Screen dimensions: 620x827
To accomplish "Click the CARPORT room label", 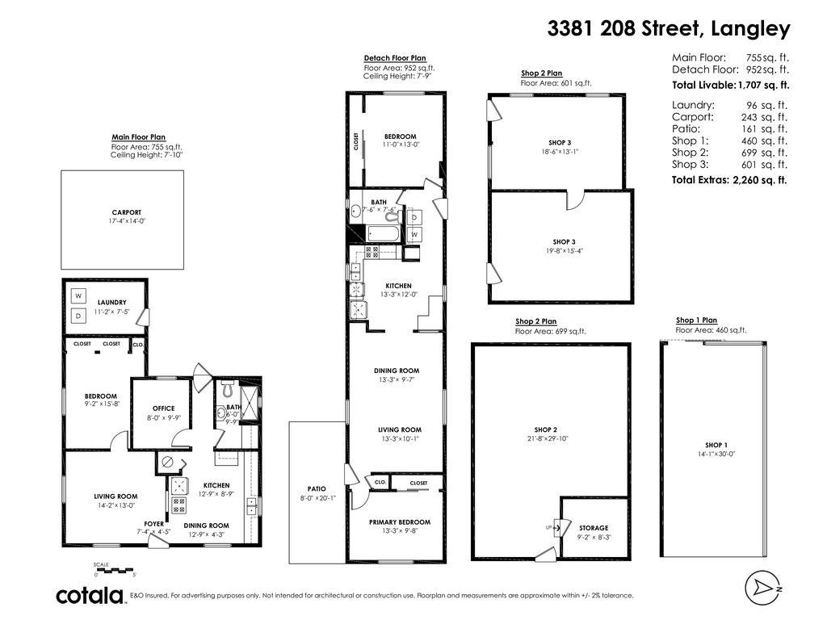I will pyautogui.click(x=122, y=213).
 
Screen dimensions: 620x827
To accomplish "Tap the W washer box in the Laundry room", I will pyautogui.click(x=79, y=295).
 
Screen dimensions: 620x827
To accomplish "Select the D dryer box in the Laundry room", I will pyautogui.click(x=79, y=316).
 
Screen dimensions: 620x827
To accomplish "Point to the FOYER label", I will pyautogui.click(x=153, y=523).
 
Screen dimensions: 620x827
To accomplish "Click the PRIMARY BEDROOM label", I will pyautogui.click(x=400, y=522).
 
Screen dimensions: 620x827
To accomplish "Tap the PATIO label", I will pyautogui.click(x=316, y=488).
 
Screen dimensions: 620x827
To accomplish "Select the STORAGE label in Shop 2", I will pyautogui.click(x=594, y=528).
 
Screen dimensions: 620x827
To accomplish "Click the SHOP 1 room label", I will pyautogui.click(x=716, y=445).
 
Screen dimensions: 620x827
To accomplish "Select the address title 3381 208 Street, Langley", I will pyautogui.click(x=669, y=29).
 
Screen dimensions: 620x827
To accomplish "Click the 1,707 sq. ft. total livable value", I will pyautogui.click(x=763, y=85).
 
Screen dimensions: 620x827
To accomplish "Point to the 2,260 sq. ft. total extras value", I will pyautogui.click(x=759, y=180).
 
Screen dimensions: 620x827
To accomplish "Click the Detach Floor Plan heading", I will pyautogui.click(x=394, y=58).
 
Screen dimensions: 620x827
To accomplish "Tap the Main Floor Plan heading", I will pyautogui.click(x=138, y=137).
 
